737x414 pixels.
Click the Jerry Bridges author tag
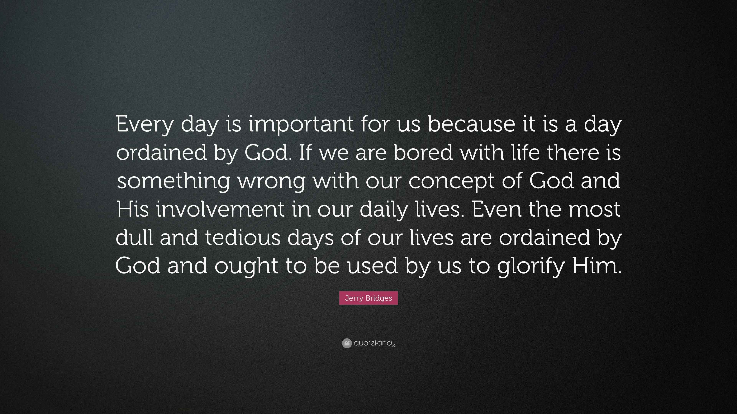pyautogui.click(x=368, y=298)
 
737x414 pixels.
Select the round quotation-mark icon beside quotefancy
pyautogui.click(x=347, y=343)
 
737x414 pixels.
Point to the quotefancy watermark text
pyautogui.click(x=374, y=343)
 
